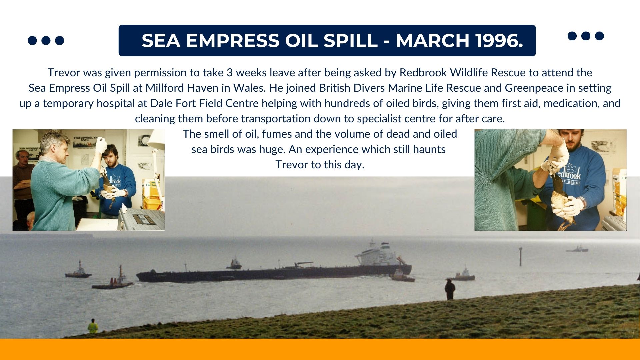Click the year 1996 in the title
click(x=499, y=40)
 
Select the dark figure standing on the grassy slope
click(x=450, y=290)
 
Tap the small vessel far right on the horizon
click(x=577, y=249)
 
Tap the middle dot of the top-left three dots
click(x=46, y=40)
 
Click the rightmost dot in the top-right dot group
click(x=599, y=36)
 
